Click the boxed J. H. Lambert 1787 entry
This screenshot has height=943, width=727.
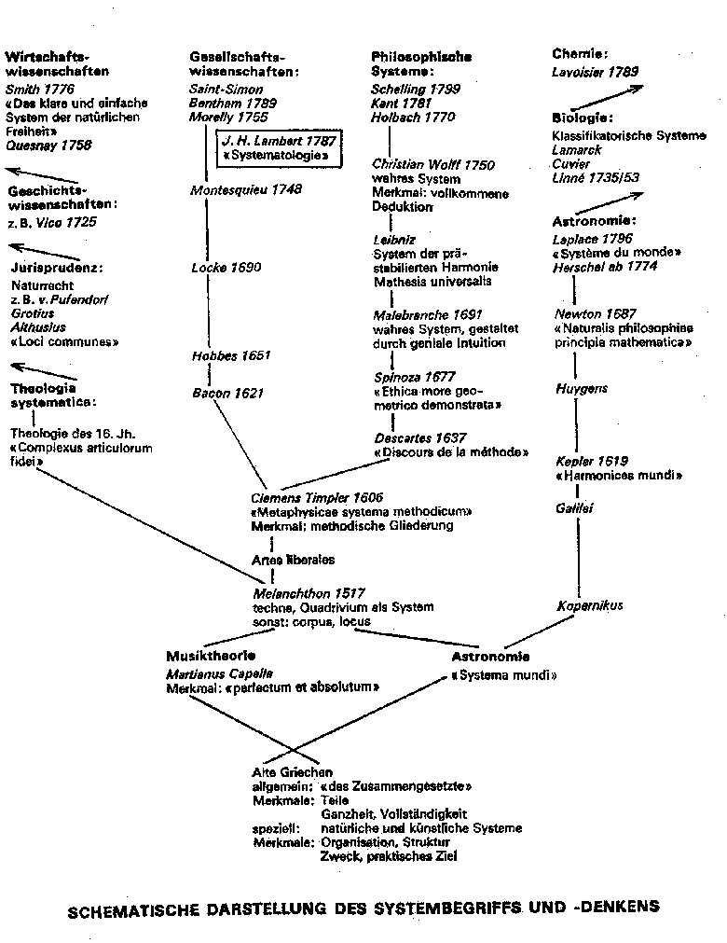click(277, 147)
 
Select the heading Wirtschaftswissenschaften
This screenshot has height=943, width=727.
click(57, 63)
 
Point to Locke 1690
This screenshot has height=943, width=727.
click(226, 268)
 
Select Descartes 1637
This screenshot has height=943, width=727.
click(419, 437)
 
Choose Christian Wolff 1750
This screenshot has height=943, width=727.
click(433, 165)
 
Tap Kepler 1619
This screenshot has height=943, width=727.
click(592, 461)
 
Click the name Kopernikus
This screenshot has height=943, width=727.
click(590, 605)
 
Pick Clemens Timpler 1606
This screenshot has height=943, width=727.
click(317, 498)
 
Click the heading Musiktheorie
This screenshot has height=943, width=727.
click(211, 656)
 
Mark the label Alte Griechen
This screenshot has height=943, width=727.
click(293, 772)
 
